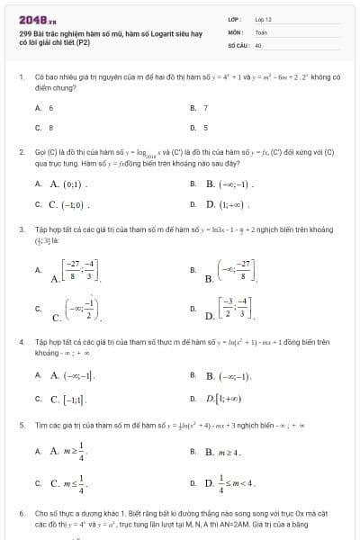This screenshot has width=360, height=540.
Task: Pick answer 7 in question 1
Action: pos(205,107)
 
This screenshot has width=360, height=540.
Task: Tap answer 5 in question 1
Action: pos(205,128)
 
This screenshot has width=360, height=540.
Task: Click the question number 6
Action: pos(22,512)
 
